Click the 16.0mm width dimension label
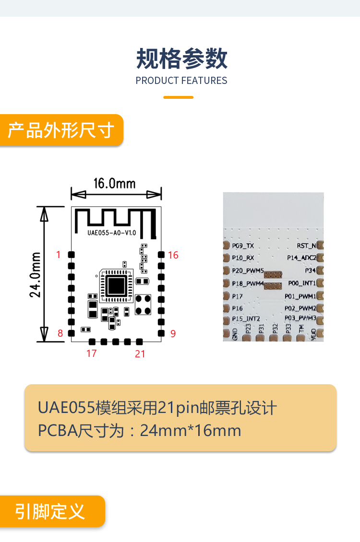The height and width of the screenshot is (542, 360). coord(114,184)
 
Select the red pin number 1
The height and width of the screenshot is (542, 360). coord(59,255)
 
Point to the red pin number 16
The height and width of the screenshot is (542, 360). coord(173,255)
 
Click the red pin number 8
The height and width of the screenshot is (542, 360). coord(60,333)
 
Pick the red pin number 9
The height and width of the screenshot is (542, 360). coord(173,333)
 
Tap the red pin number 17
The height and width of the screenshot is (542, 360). coord(92,353)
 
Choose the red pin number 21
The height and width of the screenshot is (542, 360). coord(140,354)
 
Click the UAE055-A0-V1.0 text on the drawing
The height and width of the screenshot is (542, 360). coord(112,233)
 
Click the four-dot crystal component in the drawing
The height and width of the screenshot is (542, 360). coord(143,305)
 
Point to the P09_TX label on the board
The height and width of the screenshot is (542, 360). coord(243,246)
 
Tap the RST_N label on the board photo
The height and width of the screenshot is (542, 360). coord(307,246)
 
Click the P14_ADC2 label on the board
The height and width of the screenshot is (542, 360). coord(302,258)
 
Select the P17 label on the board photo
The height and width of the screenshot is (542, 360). coord(237,296)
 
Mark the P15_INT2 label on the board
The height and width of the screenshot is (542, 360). coord(246,319)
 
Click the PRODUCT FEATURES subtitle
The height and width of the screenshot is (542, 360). coord(181,81)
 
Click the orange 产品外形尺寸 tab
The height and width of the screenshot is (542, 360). coord(61,130)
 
